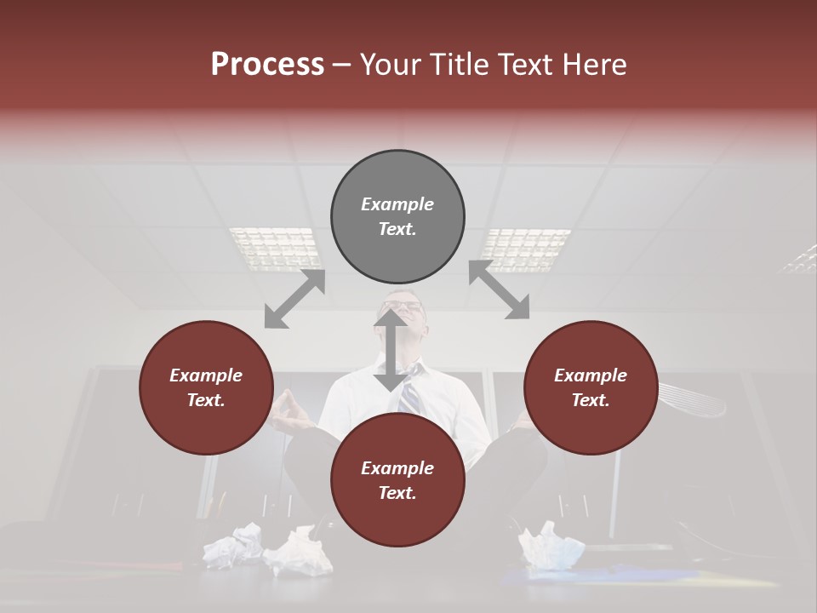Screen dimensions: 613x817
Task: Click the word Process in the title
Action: (267, 65)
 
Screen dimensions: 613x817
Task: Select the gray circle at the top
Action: (397, 216)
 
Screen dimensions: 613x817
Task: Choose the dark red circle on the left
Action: (206, 387)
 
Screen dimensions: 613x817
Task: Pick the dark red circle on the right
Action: (591, 387)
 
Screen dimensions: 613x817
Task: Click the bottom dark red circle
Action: (397, 480)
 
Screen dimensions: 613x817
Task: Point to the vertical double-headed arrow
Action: (391, 350)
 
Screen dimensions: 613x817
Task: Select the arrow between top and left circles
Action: (294, 299)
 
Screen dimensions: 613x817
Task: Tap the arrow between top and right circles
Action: (499, 290)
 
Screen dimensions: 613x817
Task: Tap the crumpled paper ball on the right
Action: (551, 546)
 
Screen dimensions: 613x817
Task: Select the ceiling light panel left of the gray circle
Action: (274, 246)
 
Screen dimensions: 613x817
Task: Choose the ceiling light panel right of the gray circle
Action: (524, 248)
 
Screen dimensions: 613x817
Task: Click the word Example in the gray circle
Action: (397, 204)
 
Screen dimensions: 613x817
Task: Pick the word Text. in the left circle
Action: (206, 400)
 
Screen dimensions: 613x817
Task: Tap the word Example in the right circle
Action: (591, 375)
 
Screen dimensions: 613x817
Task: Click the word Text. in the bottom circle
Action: (397, 493)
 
